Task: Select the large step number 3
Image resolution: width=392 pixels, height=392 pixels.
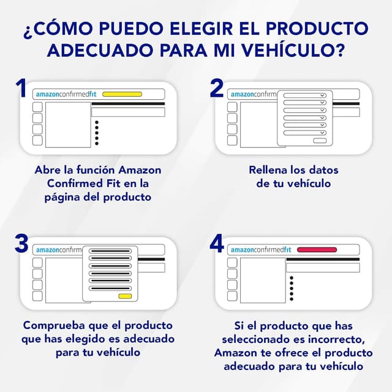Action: point(21,243)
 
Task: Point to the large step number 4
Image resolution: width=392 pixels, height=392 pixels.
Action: point(217,243)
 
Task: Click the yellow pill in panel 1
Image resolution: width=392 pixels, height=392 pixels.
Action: point(123,94)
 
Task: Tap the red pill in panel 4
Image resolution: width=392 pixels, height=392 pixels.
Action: point(317,250)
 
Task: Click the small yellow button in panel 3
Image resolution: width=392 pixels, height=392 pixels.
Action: point(125,296)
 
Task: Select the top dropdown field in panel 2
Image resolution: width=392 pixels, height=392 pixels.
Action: point(305,96)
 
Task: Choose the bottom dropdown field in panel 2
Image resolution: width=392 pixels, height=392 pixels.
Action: point(305,133)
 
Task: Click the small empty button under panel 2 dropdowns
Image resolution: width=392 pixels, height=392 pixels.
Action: point(320,141)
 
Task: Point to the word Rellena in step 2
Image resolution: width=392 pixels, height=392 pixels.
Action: point(268,170)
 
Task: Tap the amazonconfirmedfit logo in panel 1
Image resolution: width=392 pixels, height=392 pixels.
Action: point(66,94)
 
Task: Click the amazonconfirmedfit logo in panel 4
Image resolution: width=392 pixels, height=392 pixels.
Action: point(261,250)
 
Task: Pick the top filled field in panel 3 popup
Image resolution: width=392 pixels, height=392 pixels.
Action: point(110,251)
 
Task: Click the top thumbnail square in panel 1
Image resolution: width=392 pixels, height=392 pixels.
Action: point(37,107)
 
